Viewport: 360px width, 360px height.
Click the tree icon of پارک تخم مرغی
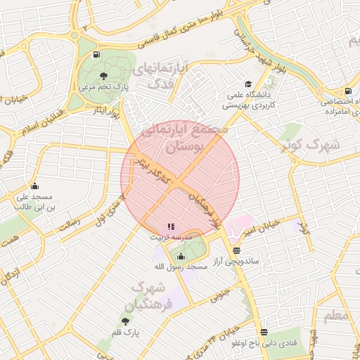click(103, 76)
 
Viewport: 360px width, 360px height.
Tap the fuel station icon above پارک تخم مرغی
click(95, 54)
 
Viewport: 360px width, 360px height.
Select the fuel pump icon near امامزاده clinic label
click(348, 91)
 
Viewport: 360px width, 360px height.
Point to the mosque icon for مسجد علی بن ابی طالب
click(15, 187)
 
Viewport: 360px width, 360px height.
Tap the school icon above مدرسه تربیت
click(170, 226)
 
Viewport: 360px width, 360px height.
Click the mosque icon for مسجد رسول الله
click(181, 256)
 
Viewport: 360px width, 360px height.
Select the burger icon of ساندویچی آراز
click(236, 250)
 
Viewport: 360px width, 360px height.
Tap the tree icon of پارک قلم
click(125, 321)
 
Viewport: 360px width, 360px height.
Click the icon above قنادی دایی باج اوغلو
click(264, 333)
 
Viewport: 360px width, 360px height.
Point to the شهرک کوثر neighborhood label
click(309, 146)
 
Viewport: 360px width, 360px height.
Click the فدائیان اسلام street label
click(25, 128)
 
